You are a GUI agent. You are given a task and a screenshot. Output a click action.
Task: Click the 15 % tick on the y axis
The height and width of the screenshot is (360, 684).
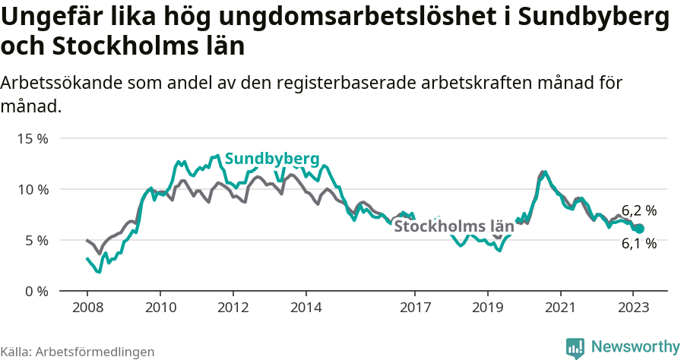click(33, 138)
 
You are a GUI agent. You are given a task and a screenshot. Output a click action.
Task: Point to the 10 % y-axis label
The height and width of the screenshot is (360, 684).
click(33, 189)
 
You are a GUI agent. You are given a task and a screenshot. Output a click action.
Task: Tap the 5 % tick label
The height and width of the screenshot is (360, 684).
click(36, 240)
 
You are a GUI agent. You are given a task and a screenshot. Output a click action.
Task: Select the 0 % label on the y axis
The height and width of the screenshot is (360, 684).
click(36, 291)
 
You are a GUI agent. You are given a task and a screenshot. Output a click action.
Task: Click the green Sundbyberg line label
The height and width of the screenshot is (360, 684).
click(271, 159)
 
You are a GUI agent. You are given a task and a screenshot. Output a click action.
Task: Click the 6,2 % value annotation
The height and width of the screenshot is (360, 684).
click(638, 211)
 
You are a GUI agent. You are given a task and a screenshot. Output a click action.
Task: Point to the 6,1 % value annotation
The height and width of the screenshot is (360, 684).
click(638, 244)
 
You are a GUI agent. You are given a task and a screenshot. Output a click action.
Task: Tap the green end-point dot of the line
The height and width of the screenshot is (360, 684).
click(639, 229)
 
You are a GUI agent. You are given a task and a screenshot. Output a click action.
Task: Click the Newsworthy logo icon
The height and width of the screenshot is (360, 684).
click(575, 347)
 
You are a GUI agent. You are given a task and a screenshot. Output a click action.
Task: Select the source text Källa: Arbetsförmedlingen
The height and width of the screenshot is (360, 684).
click(78, 352)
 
